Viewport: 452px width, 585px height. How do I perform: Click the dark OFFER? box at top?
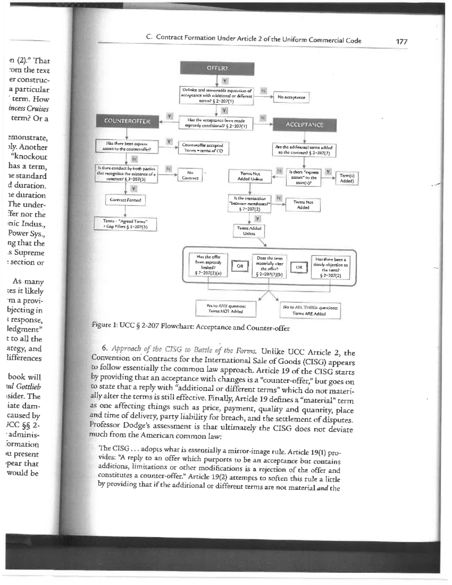coord(217,69)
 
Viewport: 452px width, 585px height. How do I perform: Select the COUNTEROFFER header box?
coord(127,121)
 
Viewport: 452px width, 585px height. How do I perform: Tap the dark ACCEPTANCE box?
coord(304,125)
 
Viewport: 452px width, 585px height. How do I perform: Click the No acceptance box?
coord(291,97)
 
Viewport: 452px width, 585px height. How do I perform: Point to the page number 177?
coord(401,42)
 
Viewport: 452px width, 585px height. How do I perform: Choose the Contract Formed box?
coord(125,200)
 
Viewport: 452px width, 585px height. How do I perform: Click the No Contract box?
coord(190,175)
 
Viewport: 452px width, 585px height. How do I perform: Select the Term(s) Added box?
coord(347,178)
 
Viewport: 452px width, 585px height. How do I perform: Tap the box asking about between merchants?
coord(249,203)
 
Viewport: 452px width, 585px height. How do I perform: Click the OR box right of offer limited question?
coord(240,266)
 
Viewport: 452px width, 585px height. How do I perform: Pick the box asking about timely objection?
coord(330,267)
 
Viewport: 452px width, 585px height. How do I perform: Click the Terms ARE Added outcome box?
coord(310,310)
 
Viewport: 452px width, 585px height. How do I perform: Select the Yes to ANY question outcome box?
coord(226,309)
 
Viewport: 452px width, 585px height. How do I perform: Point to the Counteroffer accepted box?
coord(203,148)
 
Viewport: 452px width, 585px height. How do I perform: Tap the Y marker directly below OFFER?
coord(225,81)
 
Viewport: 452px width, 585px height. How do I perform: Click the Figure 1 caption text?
coord(191,327)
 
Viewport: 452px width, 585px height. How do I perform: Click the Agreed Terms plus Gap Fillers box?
coord(125,224)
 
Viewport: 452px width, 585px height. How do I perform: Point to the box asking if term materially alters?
coord(269,266)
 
